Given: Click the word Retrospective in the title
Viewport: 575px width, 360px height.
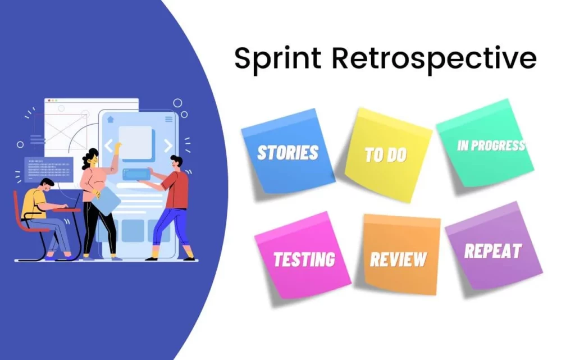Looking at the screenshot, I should (432, 59).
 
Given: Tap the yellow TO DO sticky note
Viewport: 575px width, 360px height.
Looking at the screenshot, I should (386, 154).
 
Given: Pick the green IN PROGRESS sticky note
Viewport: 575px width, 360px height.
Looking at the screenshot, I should (486, 146).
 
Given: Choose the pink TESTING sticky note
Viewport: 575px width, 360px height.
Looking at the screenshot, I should (303, 259).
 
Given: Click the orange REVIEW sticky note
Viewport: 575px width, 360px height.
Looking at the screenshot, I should (399, 258).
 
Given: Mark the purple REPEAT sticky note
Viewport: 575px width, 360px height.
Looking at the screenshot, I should (493, 250).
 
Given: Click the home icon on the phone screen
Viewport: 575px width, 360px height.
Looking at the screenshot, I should (111, 119).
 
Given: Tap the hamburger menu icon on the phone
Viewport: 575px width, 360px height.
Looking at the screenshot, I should (168, 119).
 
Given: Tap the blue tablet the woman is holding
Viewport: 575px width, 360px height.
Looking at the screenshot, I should (107, 199).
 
